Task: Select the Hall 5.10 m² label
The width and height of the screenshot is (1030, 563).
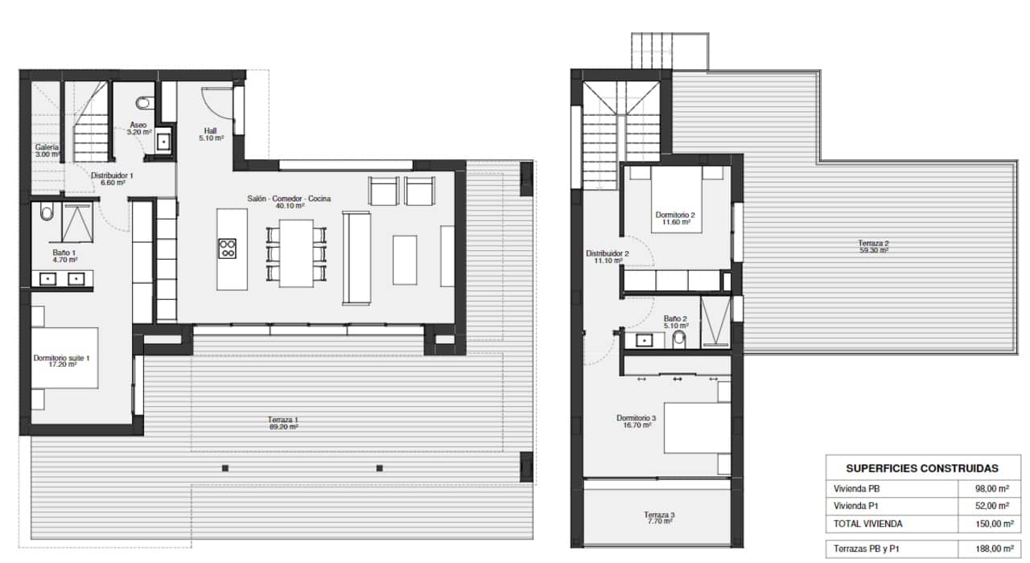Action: (x=211, y=134)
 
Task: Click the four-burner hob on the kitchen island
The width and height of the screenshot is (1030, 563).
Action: (x=228, y=248)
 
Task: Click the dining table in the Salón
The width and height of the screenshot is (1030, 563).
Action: (x=296, y=253)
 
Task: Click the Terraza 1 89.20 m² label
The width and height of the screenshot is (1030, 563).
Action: (x=283, y=423)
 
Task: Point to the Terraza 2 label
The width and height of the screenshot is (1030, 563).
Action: (x=873, y=246)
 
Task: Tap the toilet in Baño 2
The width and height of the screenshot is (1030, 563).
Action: (x=678, y=340)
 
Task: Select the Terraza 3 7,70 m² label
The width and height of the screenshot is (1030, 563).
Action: (x=658, y=518)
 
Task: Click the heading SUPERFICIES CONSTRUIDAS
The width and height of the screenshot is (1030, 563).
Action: (x=922, y=468)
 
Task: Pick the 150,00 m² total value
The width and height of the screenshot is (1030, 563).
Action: (x=991, y=524)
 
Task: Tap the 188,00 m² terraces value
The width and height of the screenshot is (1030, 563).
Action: (x=991, y=549)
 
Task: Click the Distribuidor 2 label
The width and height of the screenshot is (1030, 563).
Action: (x=606, y=257)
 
